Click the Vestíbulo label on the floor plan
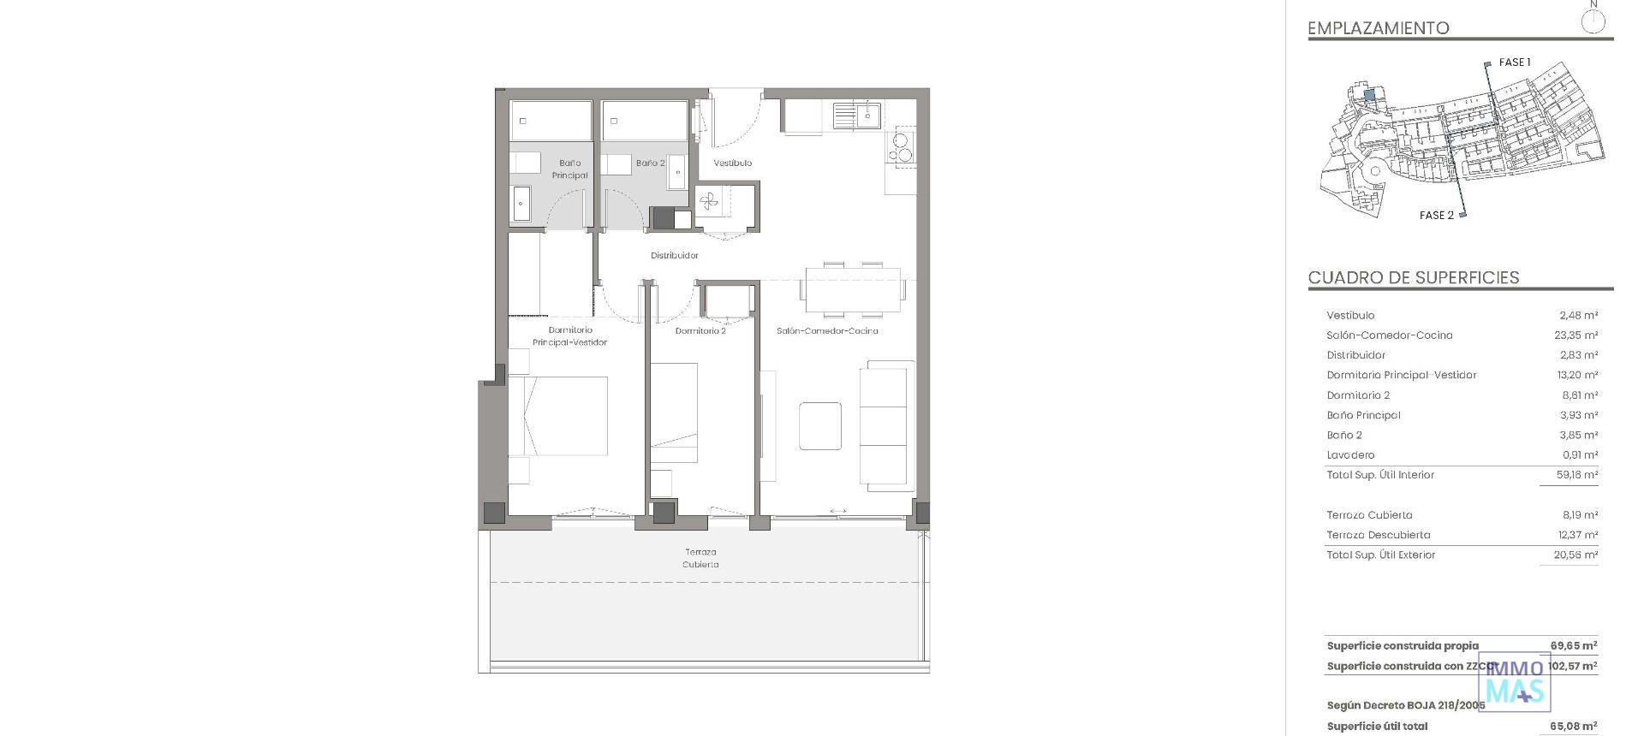733,163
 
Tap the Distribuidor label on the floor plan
674,255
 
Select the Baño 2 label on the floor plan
650,163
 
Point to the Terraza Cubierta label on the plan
700,558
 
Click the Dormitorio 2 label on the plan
700,330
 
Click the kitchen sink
857,114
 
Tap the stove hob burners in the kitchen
901,147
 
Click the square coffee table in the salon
819,425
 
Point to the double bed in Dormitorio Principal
557,416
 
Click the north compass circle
1593,21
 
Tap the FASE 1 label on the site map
1515,62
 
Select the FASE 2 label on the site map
1436,215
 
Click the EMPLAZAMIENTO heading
1378,28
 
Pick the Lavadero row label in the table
1350,455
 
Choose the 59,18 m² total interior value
1576,475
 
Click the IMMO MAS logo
1516,682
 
